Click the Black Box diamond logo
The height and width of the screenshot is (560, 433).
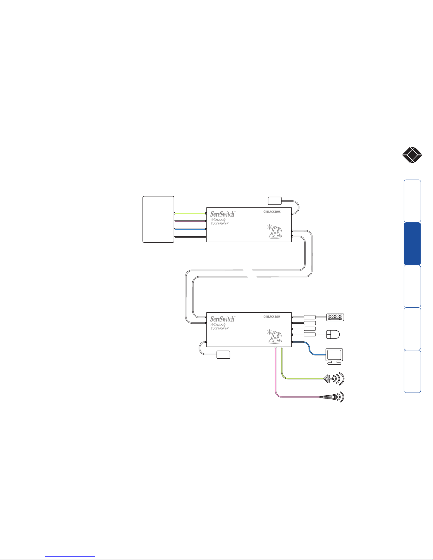(x=412, y=155)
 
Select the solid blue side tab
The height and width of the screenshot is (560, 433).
(x=412, y=243)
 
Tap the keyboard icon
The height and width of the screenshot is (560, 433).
(x=335, y=317)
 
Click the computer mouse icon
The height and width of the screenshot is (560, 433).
(x=333, y=335)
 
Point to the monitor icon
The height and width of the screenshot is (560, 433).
(x=334, y=356)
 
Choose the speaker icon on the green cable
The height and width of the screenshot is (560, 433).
(x=334, y=378)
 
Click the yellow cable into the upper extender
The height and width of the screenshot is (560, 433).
(x=190, y=213)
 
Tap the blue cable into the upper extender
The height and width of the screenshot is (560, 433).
(x=190, y=229)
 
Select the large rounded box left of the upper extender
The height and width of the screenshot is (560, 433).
(x=158, y=219)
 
